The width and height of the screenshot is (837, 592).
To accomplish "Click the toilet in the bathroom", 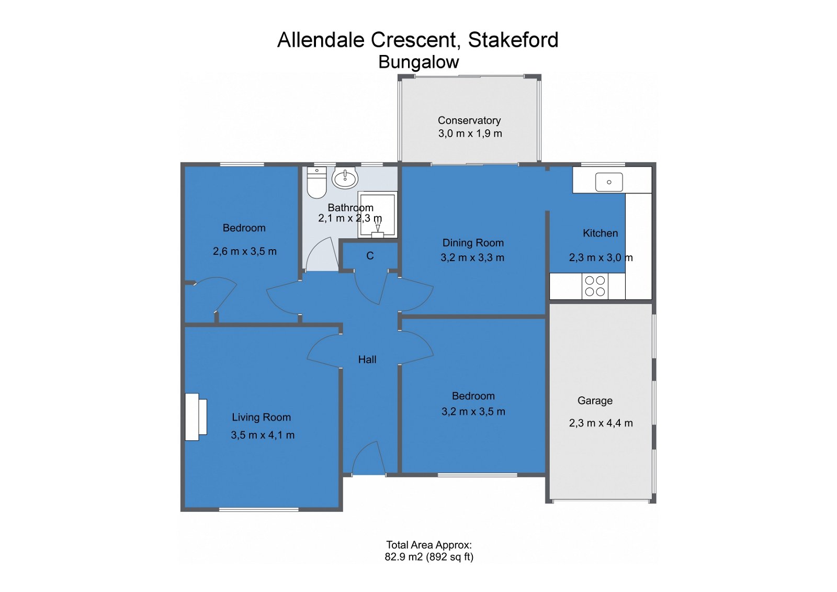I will tap(316, 183).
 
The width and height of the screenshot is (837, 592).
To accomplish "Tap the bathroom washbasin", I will tap(345, 178).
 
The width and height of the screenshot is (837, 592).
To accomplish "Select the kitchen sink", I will tap(609, 182).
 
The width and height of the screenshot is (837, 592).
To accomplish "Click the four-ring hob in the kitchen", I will tap(595, 286).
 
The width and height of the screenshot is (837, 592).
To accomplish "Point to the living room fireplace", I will tap(195, 417).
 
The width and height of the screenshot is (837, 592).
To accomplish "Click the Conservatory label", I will tap(469, 120).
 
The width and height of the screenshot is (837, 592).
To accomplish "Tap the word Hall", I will tap(367, 360).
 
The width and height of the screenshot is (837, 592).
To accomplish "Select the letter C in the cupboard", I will tap(370, 256).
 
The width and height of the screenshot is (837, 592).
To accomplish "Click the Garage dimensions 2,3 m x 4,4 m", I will tap(601, 423).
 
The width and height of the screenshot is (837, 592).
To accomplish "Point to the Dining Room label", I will tap(473, 243).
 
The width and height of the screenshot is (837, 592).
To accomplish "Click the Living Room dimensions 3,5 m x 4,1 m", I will tap(263, 435).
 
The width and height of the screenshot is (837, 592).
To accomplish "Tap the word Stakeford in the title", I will tap(513, 40).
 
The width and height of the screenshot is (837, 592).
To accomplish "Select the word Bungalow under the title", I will tap(418, 62).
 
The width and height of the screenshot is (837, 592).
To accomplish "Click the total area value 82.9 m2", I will tap(403, 557).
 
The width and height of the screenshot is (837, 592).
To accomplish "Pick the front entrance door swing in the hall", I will tap(366, 458).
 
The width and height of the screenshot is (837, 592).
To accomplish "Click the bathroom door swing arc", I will tap(321, 254).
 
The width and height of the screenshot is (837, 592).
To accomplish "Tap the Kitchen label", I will tap(600, 233).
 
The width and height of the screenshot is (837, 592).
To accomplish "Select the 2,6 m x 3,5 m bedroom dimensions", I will tap(244, 251).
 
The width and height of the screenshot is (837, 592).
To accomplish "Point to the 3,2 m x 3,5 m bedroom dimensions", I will tap(473, 411).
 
